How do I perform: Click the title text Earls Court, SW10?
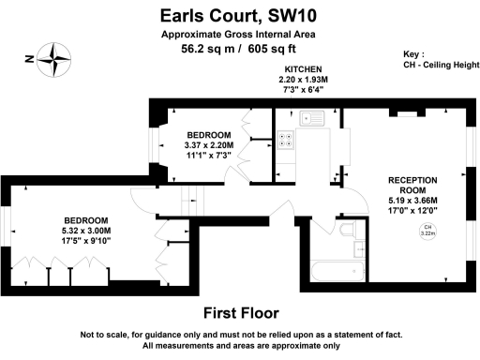click(x=240, y=15)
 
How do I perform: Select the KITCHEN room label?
click(x=303, y=70)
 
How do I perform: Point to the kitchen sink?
click(x=309, y=119)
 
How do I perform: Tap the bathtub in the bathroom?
click(x=337, y=272)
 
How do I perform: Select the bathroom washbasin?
click(x=361, y=249)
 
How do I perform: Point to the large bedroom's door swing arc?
click(x=141, y=200)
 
